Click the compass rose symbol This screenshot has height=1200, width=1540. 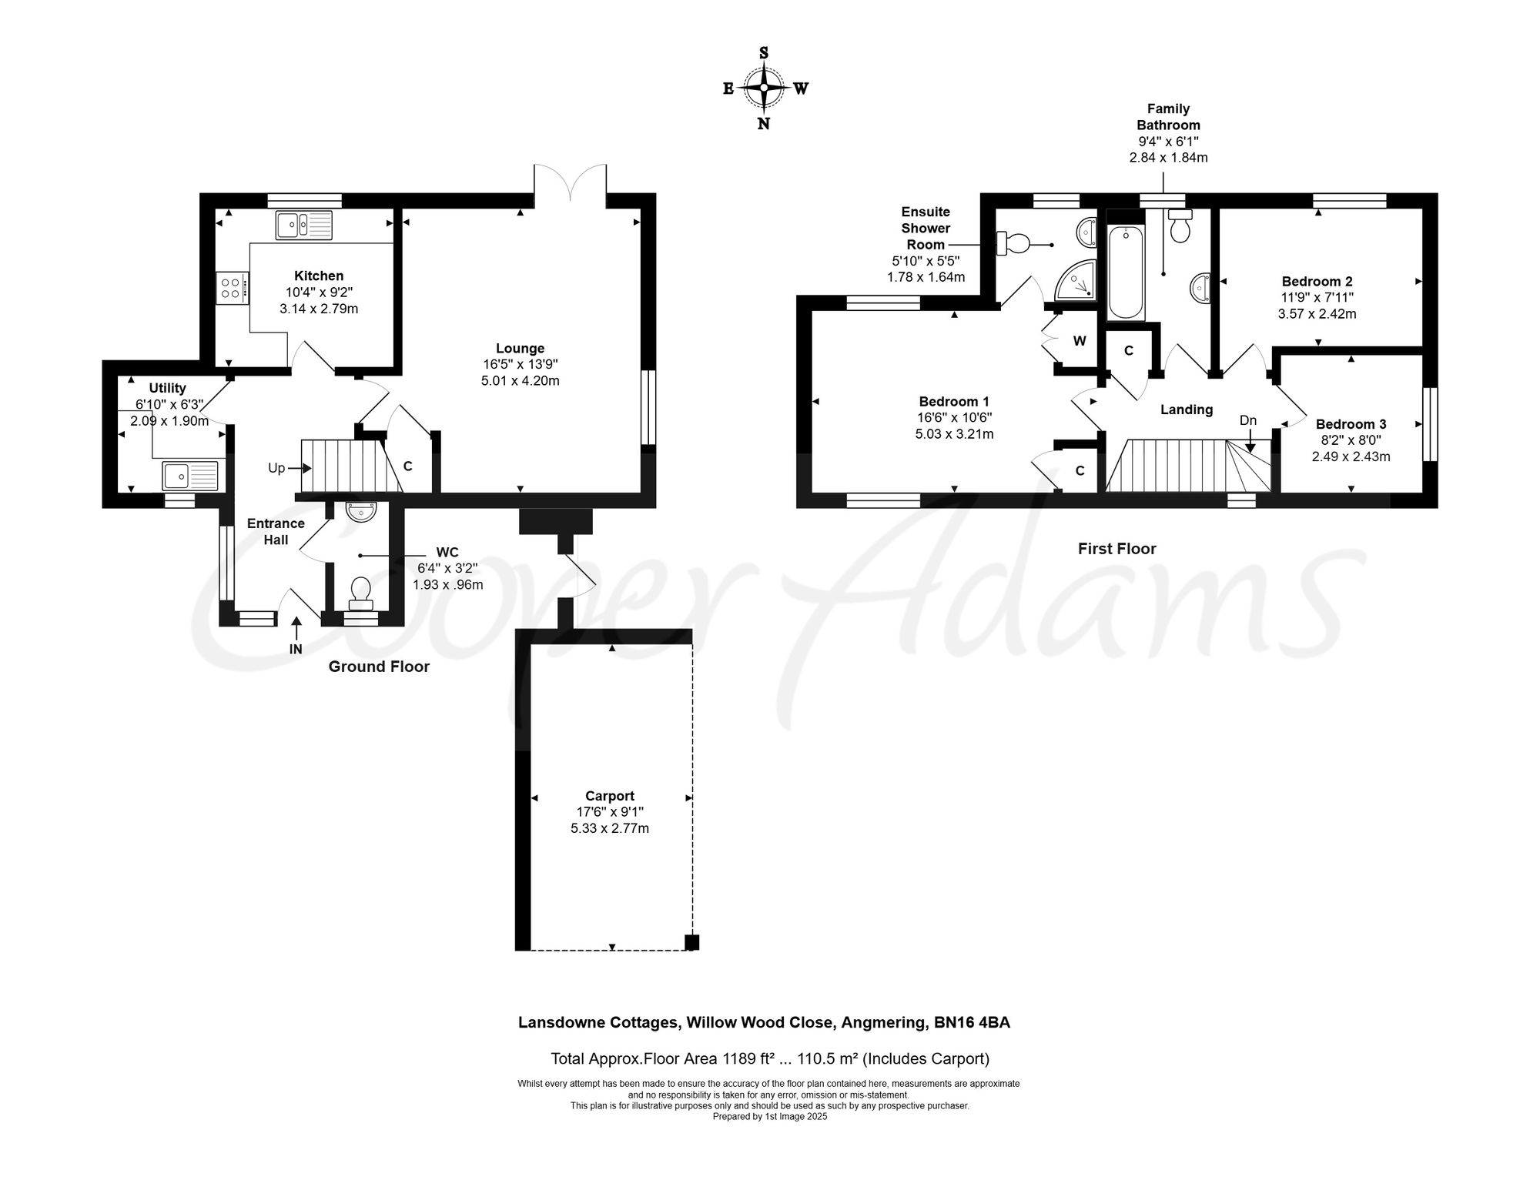(764, 88)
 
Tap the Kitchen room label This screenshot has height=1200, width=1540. (319, 276)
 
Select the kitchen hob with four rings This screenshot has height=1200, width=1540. (233, 289)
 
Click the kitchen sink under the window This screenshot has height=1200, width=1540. (304, 225)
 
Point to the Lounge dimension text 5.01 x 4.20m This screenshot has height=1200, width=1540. (520, 380)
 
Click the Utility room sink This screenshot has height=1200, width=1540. (191, 476)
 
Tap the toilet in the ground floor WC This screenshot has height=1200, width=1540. (360, 593)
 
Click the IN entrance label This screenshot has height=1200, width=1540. (296, 649)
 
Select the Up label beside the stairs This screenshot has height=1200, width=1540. (276, 468)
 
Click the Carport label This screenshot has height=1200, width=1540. (610, 796)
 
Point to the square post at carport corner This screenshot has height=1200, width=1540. (691, 941)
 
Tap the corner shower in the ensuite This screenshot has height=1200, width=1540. (1076, 279)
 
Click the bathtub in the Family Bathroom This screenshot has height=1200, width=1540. (1126, 272)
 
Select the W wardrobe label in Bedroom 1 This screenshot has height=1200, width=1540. (1080, 340)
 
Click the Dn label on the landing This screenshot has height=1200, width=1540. (1248, 420)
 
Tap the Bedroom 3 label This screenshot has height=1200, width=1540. (1351, 424)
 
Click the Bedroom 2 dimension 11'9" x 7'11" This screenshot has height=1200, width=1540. (1317, 297)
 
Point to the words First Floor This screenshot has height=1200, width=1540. (1116, 549)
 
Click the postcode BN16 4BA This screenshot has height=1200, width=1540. (972, 1022)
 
